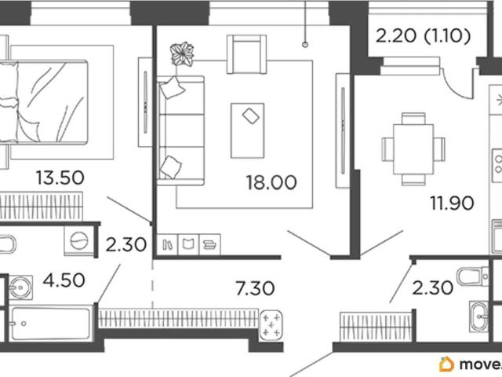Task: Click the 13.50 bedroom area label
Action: (60, 178)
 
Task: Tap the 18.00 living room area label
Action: (271, 183)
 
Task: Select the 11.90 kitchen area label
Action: (452, 203)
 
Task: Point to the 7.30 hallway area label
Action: (255, 288)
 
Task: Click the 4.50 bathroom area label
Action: (64, 280)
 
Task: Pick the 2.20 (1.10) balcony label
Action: (423, 36)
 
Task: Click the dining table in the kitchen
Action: (413, 149)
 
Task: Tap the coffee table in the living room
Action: (248, 130)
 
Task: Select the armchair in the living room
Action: (246, 54)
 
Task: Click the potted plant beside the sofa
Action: (182, 54)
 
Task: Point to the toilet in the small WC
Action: (472, 276)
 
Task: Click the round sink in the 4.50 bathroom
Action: (20, 287)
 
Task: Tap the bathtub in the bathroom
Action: (50, 324)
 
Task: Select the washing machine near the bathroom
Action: (79, 241)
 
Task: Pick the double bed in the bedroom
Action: (44, 102)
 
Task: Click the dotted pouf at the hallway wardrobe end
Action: (271, 325)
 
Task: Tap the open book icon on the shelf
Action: (188, 244)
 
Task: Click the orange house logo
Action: (446, 364)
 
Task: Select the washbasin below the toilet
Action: (478, 317)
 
